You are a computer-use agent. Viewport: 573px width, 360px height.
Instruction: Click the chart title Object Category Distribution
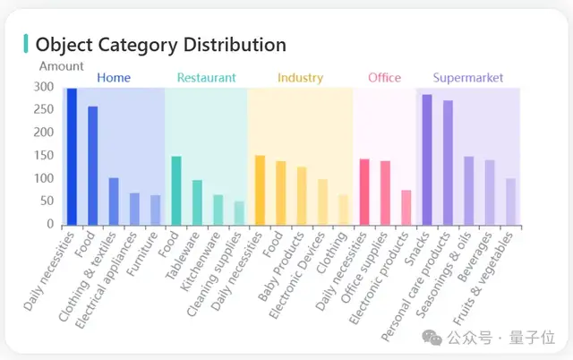161,45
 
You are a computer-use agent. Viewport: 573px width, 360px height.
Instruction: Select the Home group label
113,78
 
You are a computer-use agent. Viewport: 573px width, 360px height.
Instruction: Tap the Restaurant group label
206,78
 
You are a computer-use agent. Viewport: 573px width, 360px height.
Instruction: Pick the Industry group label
300,78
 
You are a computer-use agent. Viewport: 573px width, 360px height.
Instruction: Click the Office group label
384,78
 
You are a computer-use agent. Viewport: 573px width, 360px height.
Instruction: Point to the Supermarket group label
467,78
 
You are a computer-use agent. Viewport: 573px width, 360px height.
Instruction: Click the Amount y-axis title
61,65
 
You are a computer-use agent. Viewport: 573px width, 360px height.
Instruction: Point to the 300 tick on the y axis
43,87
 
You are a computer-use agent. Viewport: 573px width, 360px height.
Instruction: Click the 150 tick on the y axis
43,156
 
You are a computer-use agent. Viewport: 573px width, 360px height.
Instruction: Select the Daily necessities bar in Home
72,157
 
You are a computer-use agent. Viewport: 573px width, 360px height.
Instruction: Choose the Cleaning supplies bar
239,213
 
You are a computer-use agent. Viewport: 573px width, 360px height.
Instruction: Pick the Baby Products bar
302,196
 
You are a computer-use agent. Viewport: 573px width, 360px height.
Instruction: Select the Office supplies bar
385,193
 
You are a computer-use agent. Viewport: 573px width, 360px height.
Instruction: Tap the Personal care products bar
448,162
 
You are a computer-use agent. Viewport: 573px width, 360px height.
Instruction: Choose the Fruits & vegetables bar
510,201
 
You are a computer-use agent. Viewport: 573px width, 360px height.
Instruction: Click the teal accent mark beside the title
26,44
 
